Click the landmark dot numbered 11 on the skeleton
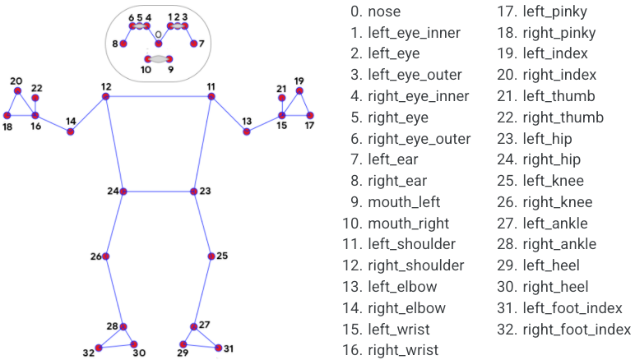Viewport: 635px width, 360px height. pos(211,97)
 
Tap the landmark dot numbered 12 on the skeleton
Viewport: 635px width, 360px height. pos(105,97)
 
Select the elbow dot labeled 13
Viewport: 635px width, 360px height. pos(247,132)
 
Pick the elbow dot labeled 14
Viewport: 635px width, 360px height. pos(71,132)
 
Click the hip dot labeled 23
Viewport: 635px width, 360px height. pos(194,192)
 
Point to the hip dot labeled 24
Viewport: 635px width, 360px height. pos(123,192)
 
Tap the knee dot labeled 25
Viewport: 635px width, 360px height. pos(211,256)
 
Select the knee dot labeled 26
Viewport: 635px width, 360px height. pos(105,256)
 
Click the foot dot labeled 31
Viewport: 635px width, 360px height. pos(218,348)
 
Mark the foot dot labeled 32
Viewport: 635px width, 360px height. pos(99,348)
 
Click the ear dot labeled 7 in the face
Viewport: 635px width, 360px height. pos(193,44)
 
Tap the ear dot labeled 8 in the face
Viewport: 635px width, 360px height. pos(125,44)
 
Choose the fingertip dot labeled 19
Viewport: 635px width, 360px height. pos(299,91)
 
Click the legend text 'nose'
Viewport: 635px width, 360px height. pos(385,12)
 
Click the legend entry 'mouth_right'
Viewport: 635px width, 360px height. pos(409,223)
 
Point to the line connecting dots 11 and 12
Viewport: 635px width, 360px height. pos(158,97)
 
